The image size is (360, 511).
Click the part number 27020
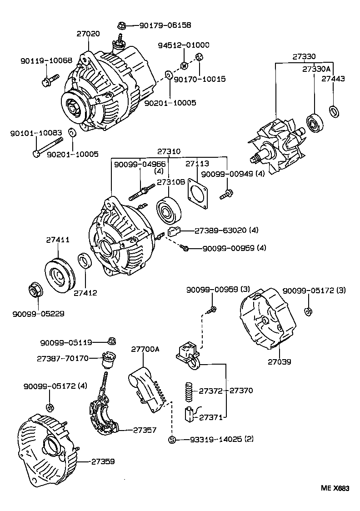[x=88, y=34]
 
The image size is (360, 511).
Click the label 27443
[x=333, y=79]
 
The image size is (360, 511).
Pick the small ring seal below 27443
[x=334, y=110]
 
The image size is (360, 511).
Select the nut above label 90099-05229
[x=35, y=289]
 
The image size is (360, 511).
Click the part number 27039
[x=279, y=362]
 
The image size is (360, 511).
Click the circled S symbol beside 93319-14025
[x=172, y=439]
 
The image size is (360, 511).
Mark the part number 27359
[x=103, y=461]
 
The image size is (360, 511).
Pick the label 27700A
[x=145, y=349]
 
